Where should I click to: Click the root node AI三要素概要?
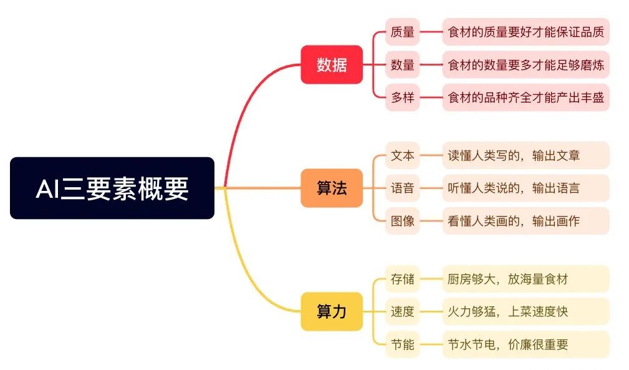[112, 188]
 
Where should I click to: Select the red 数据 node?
[331, 64]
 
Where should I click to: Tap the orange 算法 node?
[331, 188]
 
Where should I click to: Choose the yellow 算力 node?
[331, 311]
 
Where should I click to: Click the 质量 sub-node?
[402, 31]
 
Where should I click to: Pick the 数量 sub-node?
[402, 64]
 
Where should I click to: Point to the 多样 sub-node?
[402, 97]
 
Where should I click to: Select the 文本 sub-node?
[402, 155]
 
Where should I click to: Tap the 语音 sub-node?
[402, 188]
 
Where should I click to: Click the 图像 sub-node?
[402, 220]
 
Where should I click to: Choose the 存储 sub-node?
[402, 278]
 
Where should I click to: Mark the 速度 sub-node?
[402, 311]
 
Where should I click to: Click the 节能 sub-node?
[402, 344]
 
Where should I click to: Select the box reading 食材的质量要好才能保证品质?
[526, 31]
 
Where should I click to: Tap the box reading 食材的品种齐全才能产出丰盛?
[526, 97]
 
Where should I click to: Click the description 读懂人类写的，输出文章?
[526, 155]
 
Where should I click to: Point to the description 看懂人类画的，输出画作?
[526, 220]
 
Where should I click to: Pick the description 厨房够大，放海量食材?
[526, 278]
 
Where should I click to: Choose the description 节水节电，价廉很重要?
[526, 344]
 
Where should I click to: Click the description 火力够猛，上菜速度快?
[526, 311]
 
